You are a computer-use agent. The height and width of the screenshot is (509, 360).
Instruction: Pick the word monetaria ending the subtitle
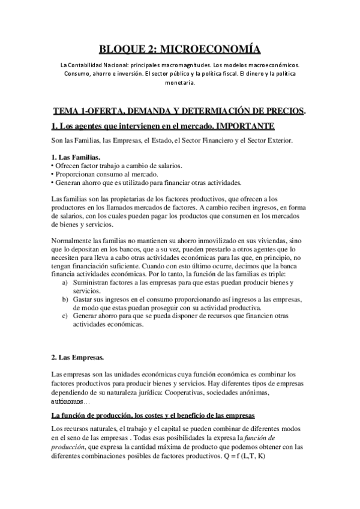pyautogui.click(x=179, y=85)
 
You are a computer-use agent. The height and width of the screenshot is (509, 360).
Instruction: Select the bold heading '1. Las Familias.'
pyautogui.click(x=75, y=157)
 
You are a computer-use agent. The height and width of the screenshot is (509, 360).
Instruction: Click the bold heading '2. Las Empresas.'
pyautogui.click(x=78, y=358)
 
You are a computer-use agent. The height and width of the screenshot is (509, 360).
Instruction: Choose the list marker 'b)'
pyautogui.click(x=65, y=298)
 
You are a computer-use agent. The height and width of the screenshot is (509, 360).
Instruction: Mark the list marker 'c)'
pyautogui.click(x=65, y=315)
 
